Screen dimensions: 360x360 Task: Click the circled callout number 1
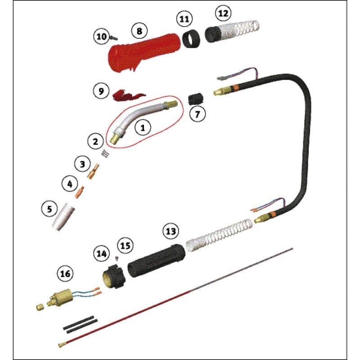(143, 128)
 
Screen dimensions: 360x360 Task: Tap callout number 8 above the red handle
(139, 31)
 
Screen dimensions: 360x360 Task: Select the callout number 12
(223, 13)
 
